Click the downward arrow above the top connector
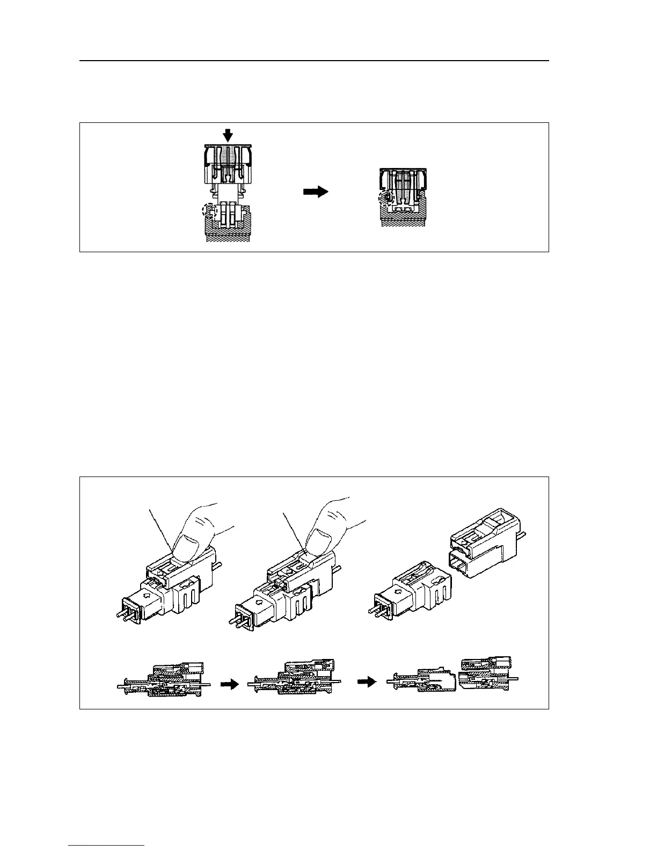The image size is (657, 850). tap(228, 135)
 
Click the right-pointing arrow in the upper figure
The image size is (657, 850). tap(316, 192)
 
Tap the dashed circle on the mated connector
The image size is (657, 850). tap(385, 199)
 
